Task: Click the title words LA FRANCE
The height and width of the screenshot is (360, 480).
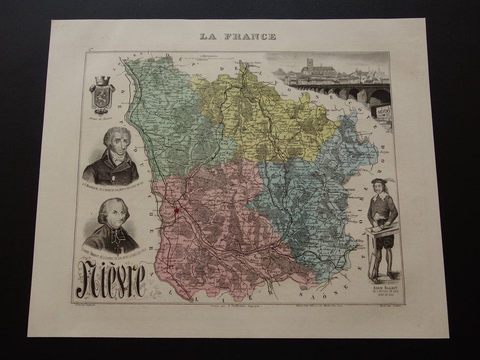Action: point(238,36)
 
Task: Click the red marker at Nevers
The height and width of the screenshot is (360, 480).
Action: point(176,210)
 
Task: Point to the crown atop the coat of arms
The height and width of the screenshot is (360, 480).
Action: point(102,80)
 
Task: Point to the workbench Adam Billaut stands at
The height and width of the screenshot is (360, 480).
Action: point(382,228)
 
